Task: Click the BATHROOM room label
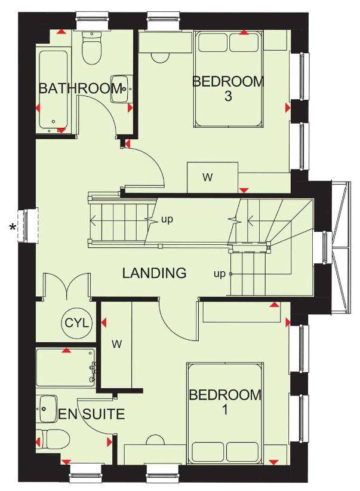click(x=80, y=88)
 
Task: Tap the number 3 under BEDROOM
click(x=228, y=96)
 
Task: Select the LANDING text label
click(x=154, y=273)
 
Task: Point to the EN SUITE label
click(x=91, y=414)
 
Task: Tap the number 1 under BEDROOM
click(x=225, y=410)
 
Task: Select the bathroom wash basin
click(x=119, y=88)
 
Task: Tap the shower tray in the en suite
click(x=66, y=367)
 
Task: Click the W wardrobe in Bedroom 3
click(x=213, y=177)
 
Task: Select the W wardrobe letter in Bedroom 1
click(x=117, y=345)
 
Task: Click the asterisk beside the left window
click(x=13, y=228)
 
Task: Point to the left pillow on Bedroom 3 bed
click(x=213, y=42)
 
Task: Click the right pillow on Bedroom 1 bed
click(x=242, y=452)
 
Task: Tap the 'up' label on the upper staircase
click(x=167, y=219)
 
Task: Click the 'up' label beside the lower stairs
click(x=220, y=274)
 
